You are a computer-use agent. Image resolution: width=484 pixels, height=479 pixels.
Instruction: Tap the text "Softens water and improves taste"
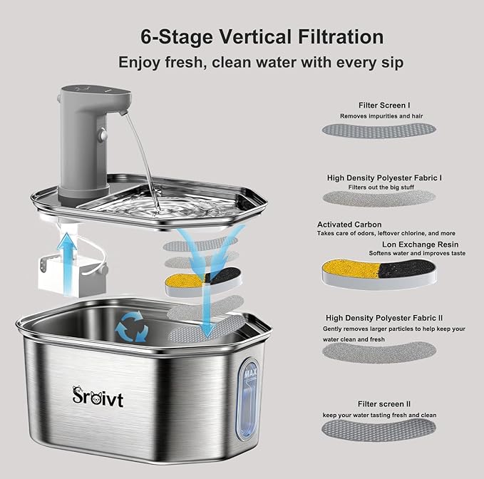coord(417,253)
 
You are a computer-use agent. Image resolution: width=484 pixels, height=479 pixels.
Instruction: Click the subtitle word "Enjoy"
coord(142,62)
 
